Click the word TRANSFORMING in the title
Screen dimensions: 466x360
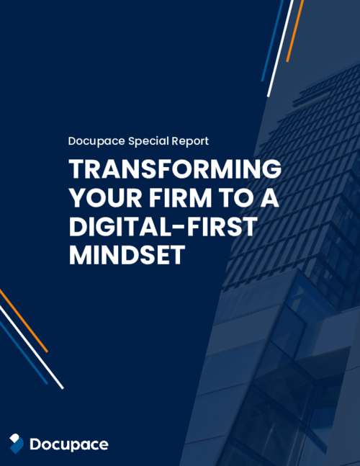click(175, 170)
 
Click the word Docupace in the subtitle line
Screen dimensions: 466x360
click(96, 141)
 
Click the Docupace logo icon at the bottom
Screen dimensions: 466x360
click(17, 444)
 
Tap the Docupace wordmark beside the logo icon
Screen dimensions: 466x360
click(69, 444)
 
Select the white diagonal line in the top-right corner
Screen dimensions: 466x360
click(281, 47)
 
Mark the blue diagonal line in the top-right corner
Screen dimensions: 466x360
click(273, 40)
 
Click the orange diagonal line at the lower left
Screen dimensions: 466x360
click(24, 321)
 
